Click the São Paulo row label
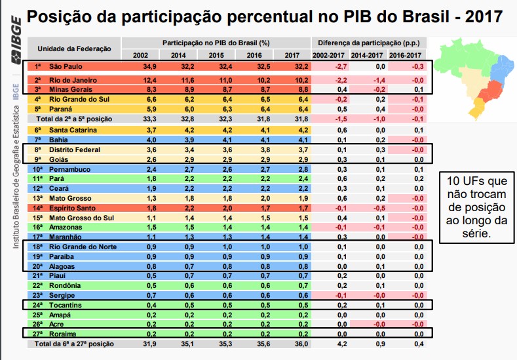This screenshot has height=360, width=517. coord(66,67)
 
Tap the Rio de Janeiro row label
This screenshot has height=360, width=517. coord(73,79)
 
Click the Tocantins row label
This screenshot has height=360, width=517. coord(64,305)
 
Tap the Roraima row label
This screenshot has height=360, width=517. coord(62,334)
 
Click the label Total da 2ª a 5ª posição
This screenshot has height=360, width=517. coord(75,119)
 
